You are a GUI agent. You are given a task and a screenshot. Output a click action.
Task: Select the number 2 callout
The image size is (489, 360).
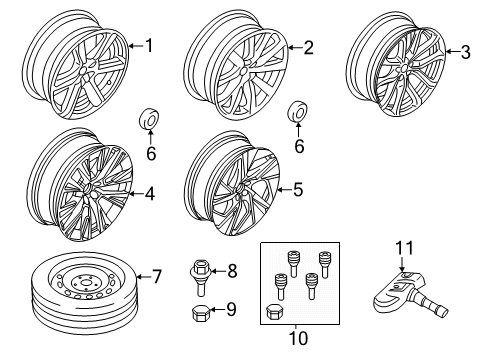[x=308, y=46]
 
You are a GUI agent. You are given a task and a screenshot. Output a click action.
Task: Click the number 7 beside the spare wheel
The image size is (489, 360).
[x=155, y=275]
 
